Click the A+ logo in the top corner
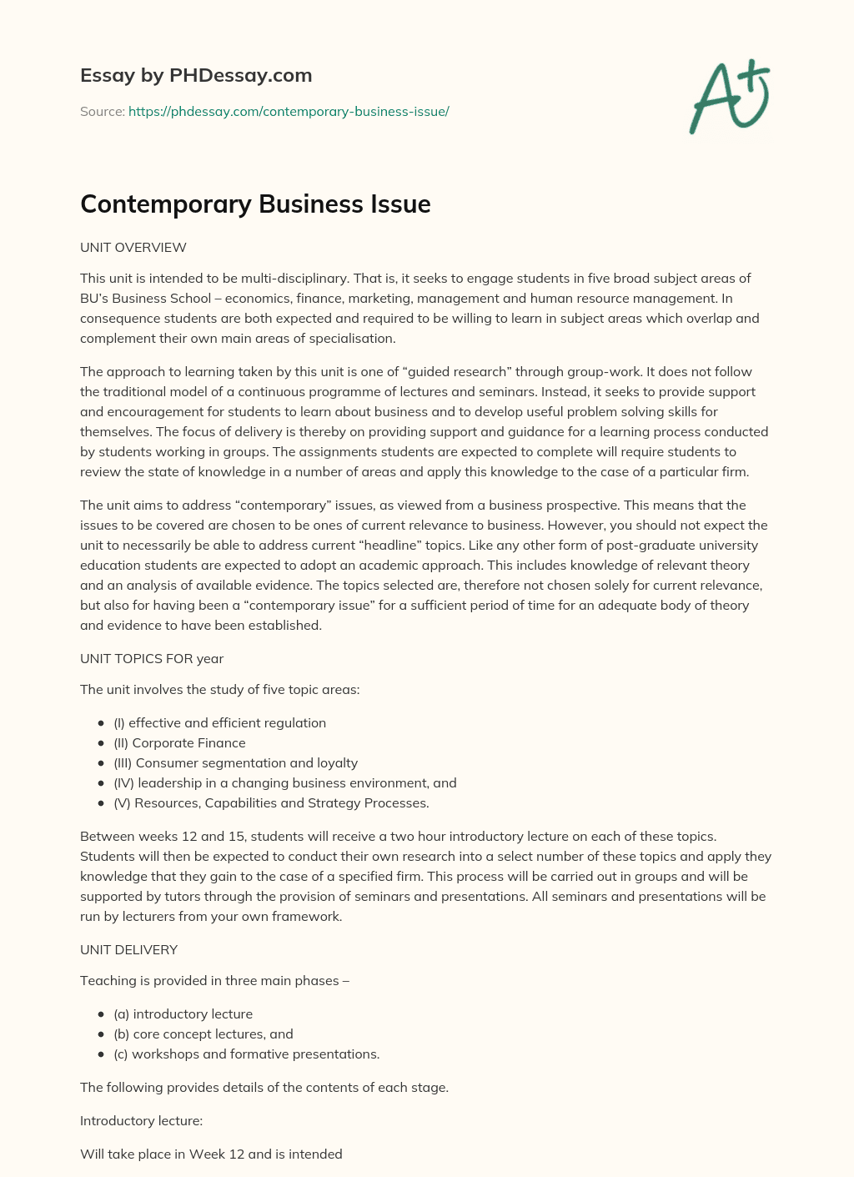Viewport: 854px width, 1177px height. pos(729,96)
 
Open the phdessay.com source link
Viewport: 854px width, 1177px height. pos(289,111)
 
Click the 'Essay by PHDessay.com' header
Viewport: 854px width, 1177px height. pos(196,75)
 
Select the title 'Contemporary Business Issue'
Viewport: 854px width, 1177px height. pos(255,204)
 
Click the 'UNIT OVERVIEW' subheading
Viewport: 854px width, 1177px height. pos(133,248)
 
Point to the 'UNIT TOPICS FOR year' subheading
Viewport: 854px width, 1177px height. pos(152,658)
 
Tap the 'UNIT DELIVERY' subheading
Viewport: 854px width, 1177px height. pos(128,949)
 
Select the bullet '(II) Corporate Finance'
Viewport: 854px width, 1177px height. pos(179,742)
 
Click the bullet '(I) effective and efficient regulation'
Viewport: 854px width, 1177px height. pos(219,722)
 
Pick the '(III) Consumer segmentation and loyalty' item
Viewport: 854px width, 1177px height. pos(235,762)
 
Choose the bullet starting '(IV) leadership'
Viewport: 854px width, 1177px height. pos(284,782)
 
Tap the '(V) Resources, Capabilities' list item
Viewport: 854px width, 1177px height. pos(271,802)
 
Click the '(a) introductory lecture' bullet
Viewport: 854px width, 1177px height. pos(183,1014)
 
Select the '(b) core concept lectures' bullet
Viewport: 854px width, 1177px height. pos(203,1034)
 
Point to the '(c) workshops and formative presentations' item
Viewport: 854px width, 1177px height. pos(246,1054)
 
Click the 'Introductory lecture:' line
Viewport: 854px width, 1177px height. pos(141,1120)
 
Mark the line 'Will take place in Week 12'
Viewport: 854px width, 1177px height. pos(211,1154)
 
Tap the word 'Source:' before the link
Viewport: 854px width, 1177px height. pos(102,111)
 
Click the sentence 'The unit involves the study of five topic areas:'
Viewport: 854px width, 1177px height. pos(220,689)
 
